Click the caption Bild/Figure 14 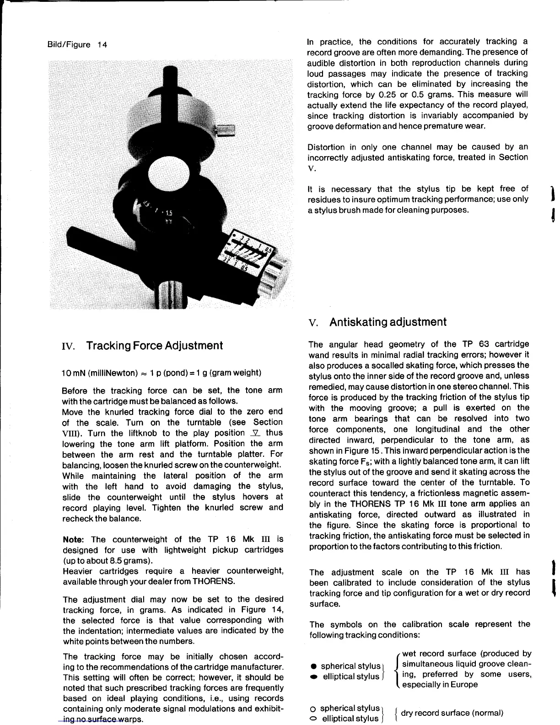77,45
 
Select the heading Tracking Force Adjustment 154,346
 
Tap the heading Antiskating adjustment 388,322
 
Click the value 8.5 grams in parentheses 131,561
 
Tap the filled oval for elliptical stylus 314,676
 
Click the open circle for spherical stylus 314,709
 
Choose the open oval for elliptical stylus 314,719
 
